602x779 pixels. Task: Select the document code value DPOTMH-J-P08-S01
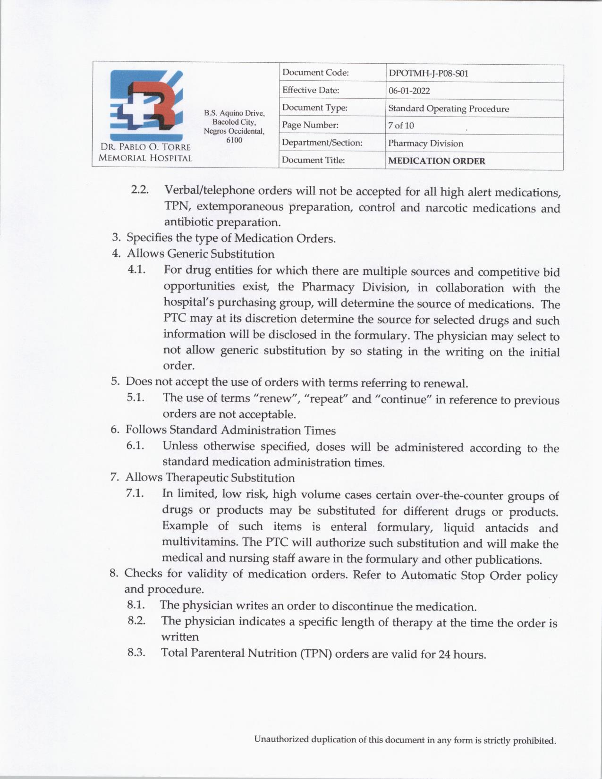point(428,74)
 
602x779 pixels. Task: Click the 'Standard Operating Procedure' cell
point(449,109)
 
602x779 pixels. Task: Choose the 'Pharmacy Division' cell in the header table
point(425,144)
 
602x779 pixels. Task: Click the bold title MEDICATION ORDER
point(436,161)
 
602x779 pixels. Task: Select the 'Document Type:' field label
point(314,108)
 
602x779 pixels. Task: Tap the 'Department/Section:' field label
point(322,143)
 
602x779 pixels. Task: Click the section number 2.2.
point(140,190)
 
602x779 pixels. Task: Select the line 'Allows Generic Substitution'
point(200,254)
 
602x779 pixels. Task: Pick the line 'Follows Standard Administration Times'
point(230,430)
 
